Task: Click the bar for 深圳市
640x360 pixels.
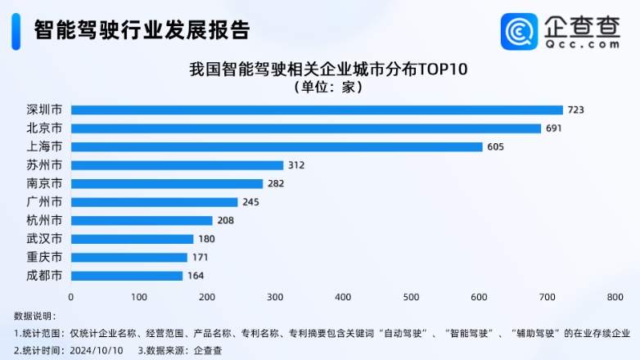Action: (317, 110)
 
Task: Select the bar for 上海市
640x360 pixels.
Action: (277, 146)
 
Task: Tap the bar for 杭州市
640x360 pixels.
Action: (142, 220)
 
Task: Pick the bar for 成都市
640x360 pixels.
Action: (127, 276)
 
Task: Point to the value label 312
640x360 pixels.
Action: (295, 165)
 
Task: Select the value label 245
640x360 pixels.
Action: (250, 202)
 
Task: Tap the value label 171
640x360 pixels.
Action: (199, 257)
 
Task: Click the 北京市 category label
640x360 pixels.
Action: (44, 128)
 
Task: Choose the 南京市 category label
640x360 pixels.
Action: (44, 183)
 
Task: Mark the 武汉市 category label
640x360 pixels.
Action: (44, 239)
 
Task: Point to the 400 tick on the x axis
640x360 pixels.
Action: (343, 296)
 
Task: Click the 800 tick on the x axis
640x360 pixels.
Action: (615, 296)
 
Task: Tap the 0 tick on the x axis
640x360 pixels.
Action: (71, 296)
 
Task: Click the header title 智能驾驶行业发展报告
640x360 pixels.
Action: (141, 30)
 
